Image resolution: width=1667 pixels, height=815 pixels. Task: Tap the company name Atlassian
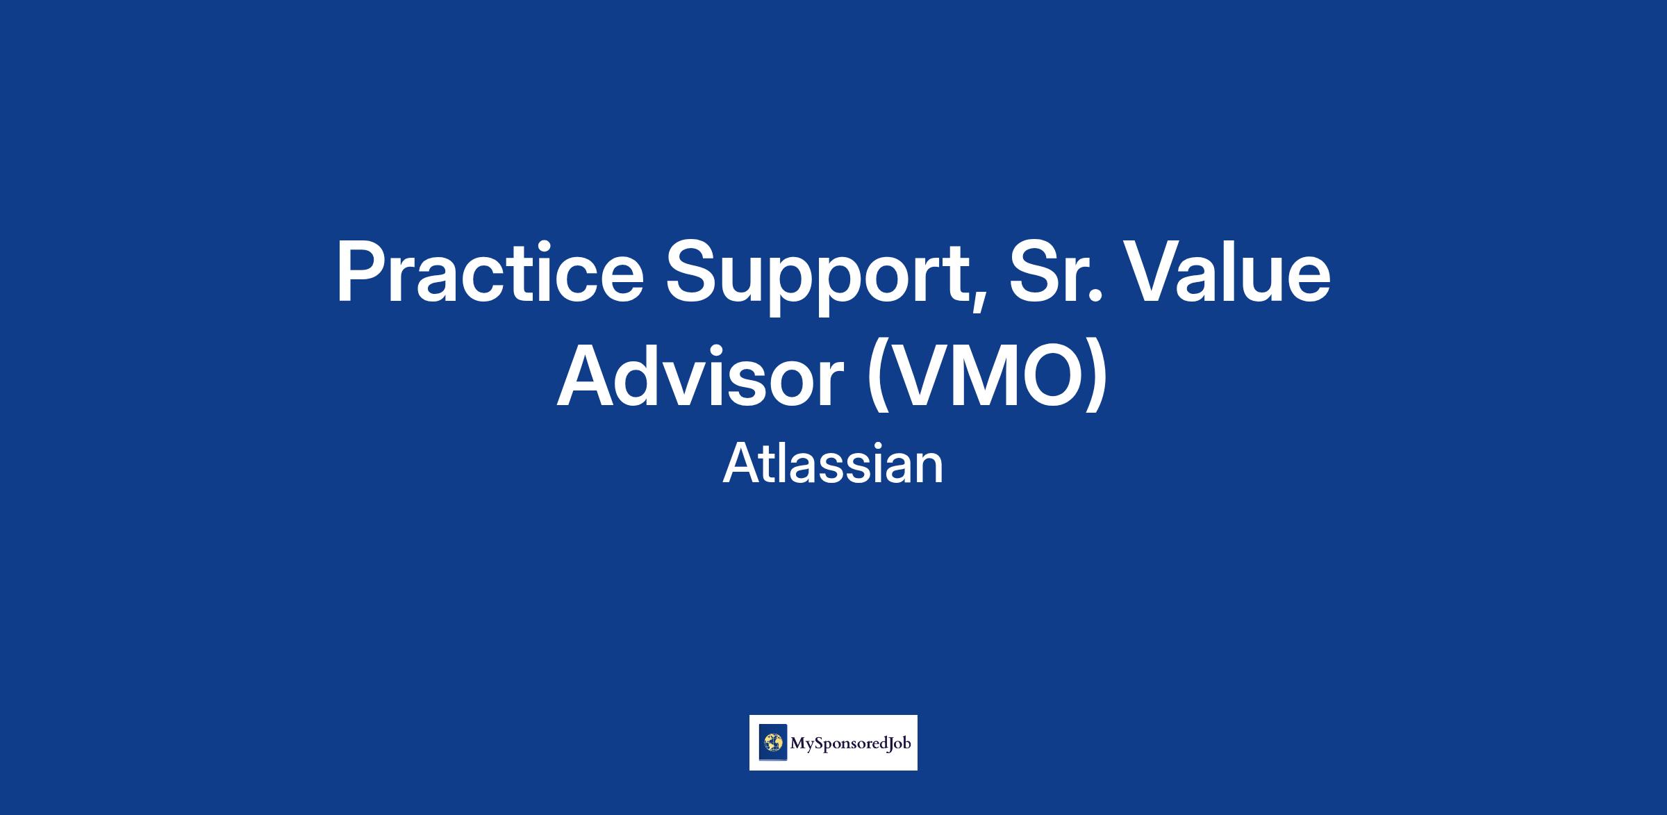833,464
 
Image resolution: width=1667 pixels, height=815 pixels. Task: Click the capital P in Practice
361,272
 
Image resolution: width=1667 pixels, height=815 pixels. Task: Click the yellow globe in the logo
772,743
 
